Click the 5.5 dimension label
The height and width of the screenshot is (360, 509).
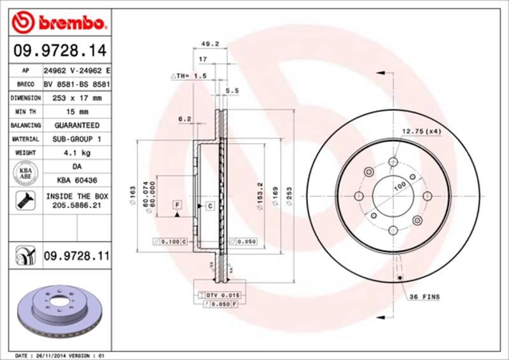pyautogui.click(x=232, y=91)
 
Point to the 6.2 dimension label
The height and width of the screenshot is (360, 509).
pyautogui.click(x=185, y=118)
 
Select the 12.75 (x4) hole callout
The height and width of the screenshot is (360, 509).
pyautogui.click(x=421, y=132)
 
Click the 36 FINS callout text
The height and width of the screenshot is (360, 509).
pyautogui.click(x=423, y=297)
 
